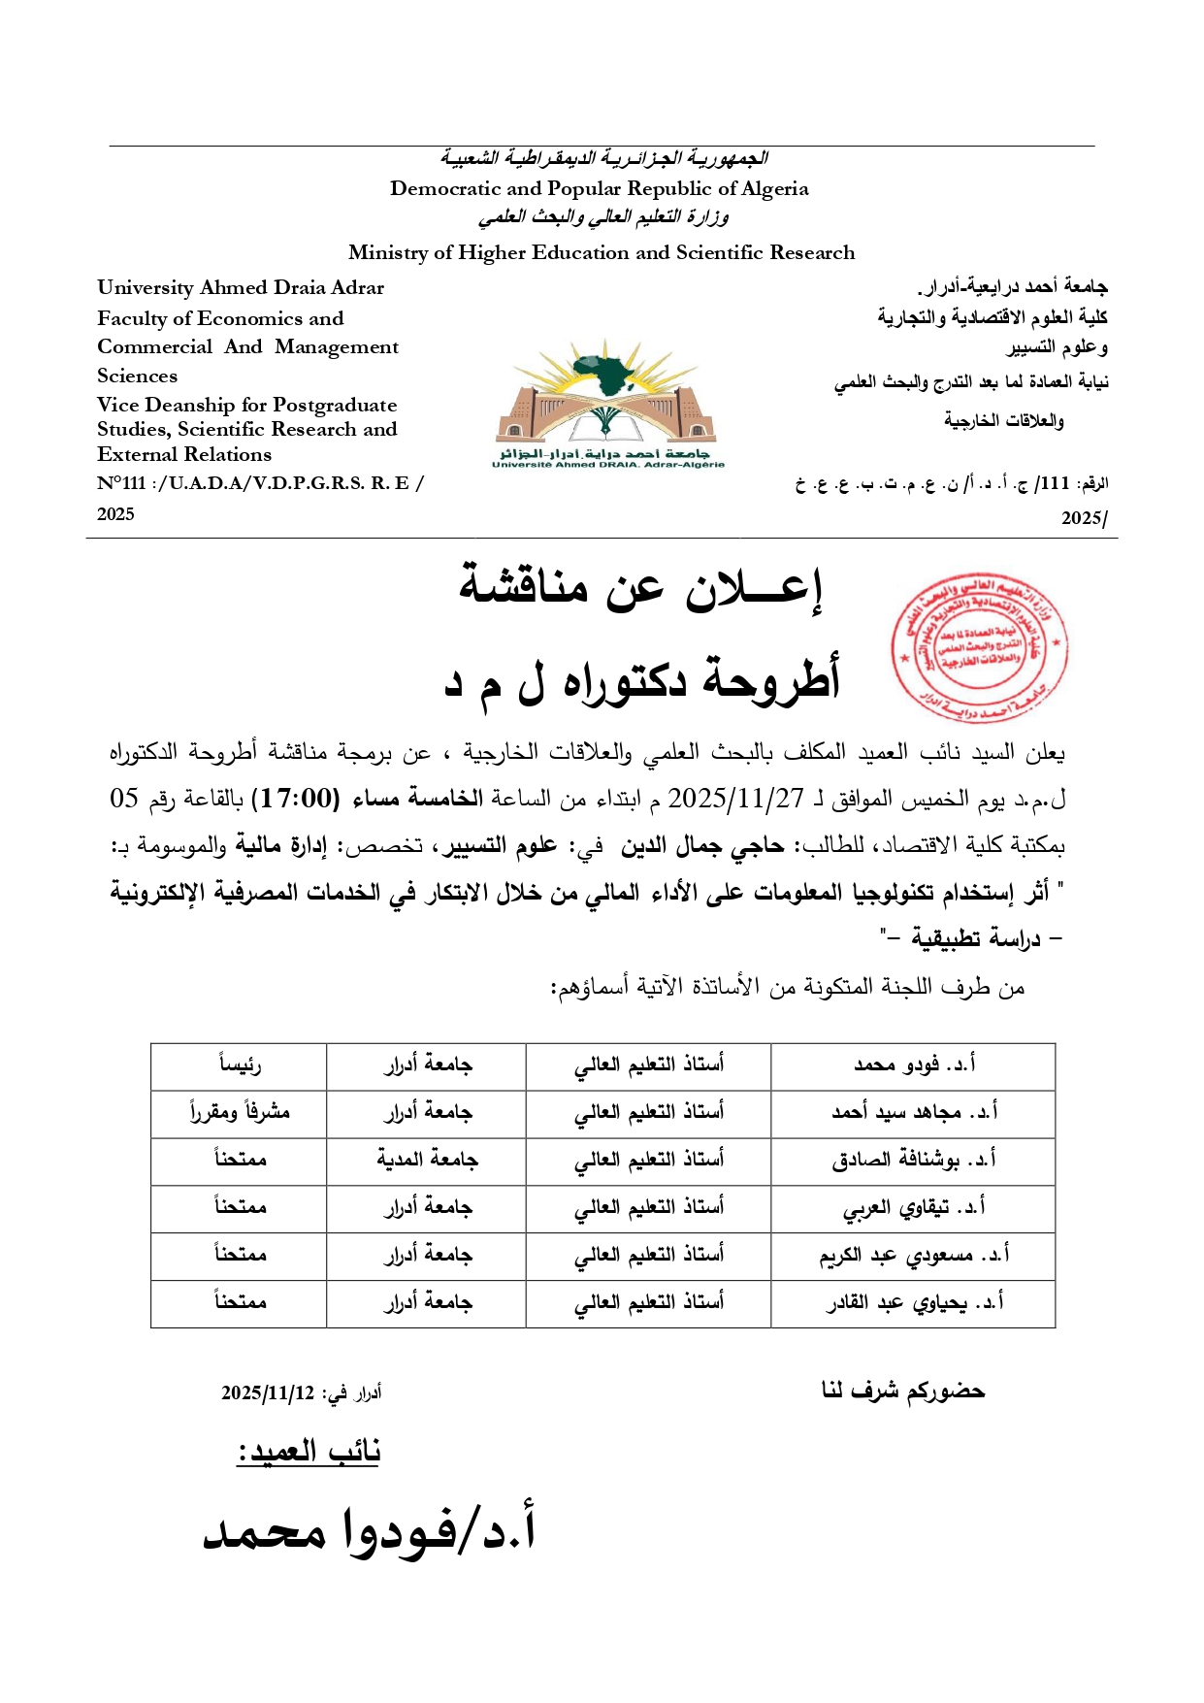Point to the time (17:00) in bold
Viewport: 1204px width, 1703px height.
pos(296,799)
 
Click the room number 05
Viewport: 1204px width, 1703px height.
pos(124,799)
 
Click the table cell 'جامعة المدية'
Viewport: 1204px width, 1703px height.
pos(427,1161)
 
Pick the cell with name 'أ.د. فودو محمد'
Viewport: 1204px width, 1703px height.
pos(913,1065)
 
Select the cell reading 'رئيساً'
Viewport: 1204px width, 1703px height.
pos(239,1065)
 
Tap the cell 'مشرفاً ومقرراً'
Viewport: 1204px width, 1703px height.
pos(239,1113)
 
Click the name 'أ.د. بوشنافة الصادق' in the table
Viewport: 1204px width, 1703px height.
pos(913,1161)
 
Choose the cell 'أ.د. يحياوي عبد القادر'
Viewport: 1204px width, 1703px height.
pos(913,1303)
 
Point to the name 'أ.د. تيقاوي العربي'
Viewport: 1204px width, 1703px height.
pos(913,1208)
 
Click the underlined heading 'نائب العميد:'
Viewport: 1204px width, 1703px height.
pos(309,1452)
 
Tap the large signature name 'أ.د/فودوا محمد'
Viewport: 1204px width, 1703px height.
pos(369,1530)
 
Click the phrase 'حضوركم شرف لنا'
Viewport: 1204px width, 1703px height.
pos(902,1391)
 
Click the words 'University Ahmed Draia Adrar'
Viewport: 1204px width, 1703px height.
pos(241,288)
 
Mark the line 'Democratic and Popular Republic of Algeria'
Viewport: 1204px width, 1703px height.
pos(599,189)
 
